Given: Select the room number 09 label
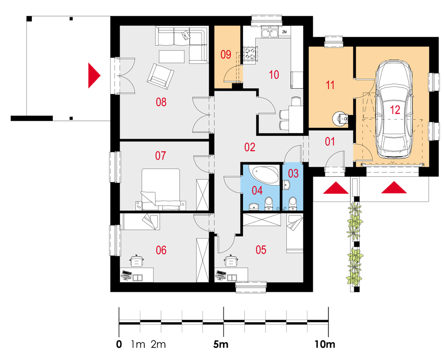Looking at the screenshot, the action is (226, 54).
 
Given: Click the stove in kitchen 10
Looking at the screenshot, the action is (250, 54).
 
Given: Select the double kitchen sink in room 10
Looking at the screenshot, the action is (270, 33).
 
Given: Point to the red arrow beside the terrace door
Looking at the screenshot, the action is (93, 75).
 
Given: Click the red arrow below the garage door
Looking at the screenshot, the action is (393, 188).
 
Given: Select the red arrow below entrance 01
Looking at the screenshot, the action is (336, 188).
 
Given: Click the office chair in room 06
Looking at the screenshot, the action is (137, 261).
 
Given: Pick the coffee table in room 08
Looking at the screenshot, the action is (171, 56).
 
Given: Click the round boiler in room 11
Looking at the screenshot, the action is (339, 119).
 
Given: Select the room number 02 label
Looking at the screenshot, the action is (250, 147).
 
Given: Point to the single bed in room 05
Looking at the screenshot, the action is (294, 233).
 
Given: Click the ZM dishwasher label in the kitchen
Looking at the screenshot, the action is (284, 32).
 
